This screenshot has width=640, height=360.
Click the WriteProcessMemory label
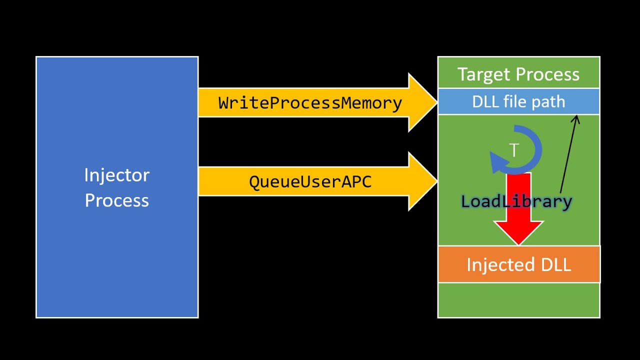tap(310, 103)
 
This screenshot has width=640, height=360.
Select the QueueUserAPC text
tap(310, 181)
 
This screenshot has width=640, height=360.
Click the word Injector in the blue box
tap(116, 175)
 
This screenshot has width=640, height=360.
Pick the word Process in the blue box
tap(116, 200)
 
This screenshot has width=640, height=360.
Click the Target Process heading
tap(518, 74)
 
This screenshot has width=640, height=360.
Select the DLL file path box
tap(518, 102)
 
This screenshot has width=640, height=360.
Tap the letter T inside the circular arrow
tap(514, 150)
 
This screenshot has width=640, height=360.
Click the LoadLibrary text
tap(516, 201)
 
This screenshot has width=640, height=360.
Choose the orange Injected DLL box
tap(518, 264)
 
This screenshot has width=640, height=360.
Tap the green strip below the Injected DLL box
tap(518, 300)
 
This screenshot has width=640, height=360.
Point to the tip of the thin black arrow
tap(577, 116)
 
